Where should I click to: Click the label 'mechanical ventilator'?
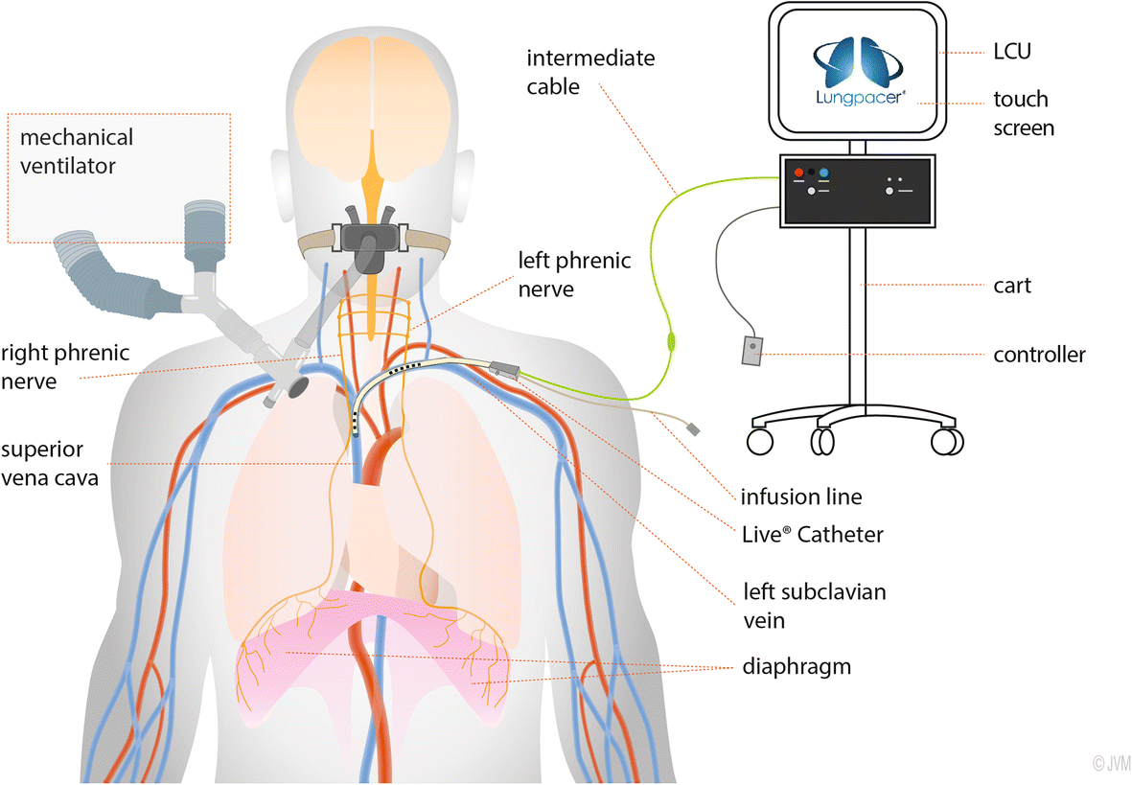pyautogui.click(x=77, y=151)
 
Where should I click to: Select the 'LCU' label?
pyautogui.click(x=1012, y=52)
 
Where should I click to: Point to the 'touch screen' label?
pyautogui.click(x=1023, y=112)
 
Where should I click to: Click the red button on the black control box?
pyautogui.click(x=797, y=173)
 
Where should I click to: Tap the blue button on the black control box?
pyautogui.click(x=824, y=173)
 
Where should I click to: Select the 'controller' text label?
pyautogui.click(x=1039, y=355)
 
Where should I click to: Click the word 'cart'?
pyautogui.click(x=1012, y=285)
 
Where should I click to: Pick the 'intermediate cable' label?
pyautogui.click(x=589, y=72)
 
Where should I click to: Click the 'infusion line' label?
pyautogui.click(x=800, y=496)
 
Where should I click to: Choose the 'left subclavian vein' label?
pyautogui.click(x=815, y=606)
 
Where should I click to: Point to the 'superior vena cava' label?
pyautogui.click(x=50, y=463)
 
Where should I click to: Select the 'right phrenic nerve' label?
pyautogui.click(x=65, y=367)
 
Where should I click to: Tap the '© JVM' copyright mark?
pyautogui.click(x=1112, y=763)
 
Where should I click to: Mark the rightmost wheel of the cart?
pyautogui.click(x=947, y=441)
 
